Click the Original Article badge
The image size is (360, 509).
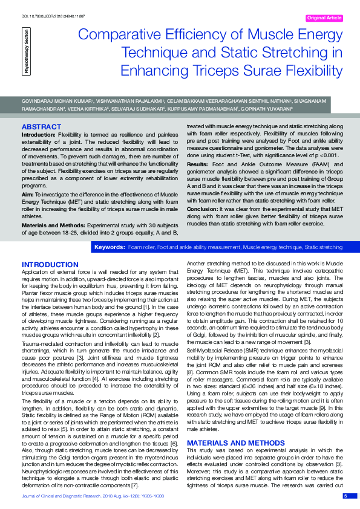[325, 18]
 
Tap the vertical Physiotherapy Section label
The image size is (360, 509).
[27, 52]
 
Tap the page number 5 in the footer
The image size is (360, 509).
[345, 496]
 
